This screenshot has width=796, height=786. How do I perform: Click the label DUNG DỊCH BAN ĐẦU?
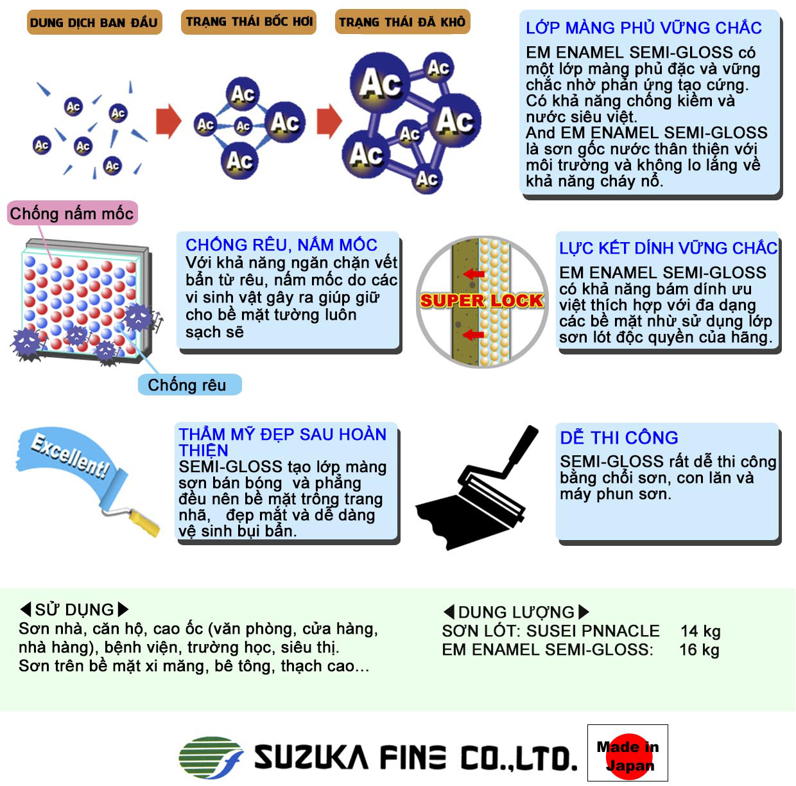[x=94, y=22]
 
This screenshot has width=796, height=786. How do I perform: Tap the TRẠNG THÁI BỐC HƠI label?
[x=248, y=22]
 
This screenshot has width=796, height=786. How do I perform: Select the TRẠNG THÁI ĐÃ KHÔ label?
[x=402, y=22]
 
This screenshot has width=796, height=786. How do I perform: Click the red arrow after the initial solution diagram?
[x=169, y=121]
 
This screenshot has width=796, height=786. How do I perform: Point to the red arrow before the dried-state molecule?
[x=329, y=121]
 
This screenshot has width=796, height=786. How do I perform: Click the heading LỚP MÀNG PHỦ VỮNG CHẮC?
[x=644, y=28]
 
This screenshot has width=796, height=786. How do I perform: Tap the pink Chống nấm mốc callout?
[x=72, y=213]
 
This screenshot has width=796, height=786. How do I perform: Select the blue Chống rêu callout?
[x=189, y=385]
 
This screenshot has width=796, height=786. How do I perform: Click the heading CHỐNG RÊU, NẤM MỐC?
[x=281, y=245]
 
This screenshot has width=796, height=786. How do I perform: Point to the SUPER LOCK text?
[x=481, y=301]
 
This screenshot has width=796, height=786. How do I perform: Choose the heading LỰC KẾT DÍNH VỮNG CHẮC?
[x=668, y=248]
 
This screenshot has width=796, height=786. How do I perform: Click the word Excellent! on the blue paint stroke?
[x=71, y=456]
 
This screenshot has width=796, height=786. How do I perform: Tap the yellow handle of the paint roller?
[x=144, y=523]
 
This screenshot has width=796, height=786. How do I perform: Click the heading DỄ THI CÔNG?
[x=619, y=438]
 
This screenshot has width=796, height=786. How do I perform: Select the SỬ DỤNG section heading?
[x=74, y=609]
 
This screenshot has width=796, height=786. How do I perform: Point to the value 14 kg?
[x=700, y=631]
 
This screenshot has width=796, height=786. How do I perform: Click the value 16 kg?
[x=699, y=650]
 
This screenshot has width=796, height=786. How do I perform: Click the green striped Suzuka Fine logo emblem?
[x=211, y=757]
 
